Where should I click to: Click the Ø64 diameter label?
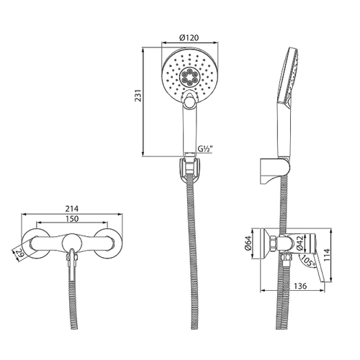pos(248,244)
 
